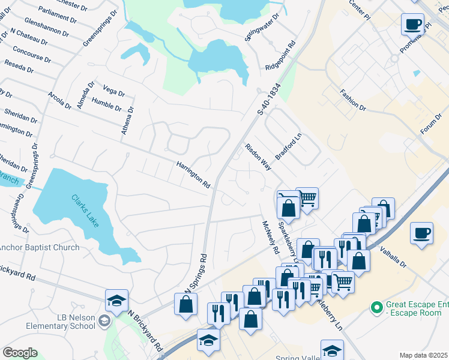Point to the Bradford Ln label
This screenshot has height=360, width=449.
pyautogui.click(x=288, y=146)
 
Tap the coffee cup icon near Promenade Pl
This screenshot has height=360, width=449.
pyautogui.click(x=412, y=25)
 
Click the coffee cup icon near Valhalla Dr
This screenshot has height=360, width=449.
pyautogui.click(x=421, y=232)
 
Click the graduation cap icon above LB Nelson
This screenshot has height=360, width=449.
pyautogui.click(x=116, y=301)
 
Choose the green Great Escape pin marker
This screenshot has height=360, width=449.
pyautogui.click(x=377, y=308)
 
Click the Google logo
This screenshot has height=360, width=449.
pyautogui.click(x=20, y=353)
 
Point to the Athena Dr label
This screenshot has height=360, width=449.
pyautogui.click(x=127, y=120)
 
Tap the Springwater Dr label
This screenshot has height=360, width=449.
pyautogui.click(x=262, y=26)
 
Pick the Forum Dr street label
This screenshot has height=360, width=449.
pyautogui.click(x=430, y=124)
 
